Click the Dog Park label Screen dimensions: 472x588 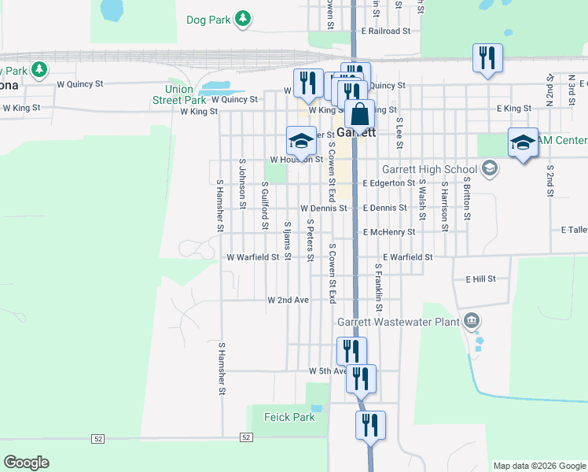coord(208,20)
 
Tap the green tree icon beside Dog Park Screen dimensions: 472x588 coord(244,19)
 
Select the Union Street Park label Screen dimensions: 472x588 coord(179,94)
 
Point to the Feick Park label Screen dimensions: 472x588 coord(289,417)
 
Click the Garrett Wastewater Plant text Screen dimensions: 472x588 coord(398,321)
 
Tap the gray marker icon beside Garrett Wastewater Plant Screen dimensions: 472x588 coord(471,320)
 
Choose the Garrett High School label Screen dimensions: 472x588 coord(429,169)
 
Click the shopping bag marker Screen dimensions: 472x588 coord(359,113)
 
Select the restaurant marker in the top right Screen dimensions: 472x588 coord(487,57)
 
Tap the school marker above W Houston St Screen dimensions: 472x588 coord(301,141)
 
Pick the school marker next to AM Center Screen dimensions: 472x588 coord(523,142)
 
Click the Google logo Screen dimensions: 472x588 coord(27,463)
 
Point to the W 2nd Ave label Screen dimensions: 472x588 coord(288,301)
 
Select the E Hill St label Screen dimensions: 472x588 coord(481,279)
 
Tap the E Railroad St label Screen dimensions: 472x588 coord(386,31)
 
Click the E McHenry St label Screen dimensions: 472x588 coord(388,232)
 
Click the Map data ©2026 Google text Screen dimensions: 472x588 coord(538,466)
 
